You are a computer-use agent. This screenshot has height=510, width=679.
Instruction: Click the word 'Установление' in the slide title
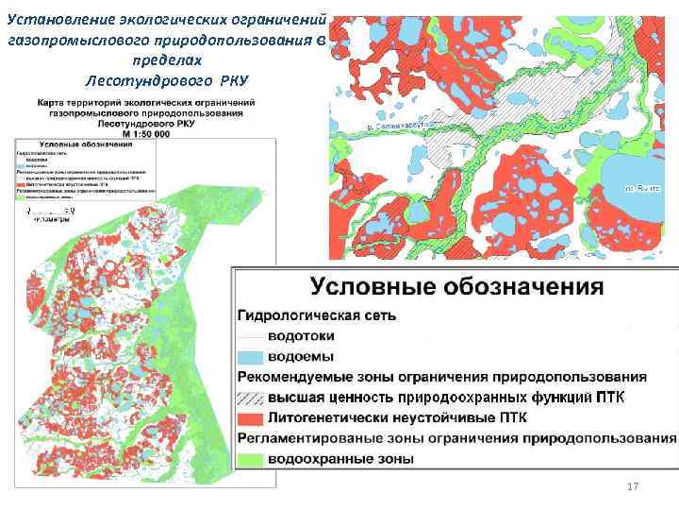53,19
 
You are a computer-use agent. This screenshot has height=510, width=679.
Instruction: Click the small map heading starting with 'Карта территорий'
145,102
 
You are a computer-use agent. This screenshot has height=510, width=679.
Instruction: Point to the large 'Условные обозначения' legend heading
456,285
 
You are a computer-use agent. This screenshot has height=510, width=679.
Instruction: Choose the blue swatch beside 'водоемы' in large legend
250,358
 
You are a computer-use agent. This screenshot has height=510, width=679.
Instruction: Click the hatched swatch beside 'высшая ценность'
250,398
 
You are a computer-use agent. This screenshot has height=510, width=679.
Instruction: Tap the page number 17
633,486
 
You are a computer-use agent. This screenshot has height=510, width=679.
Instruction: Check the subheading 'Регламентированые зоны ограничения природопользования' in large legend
456,438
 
